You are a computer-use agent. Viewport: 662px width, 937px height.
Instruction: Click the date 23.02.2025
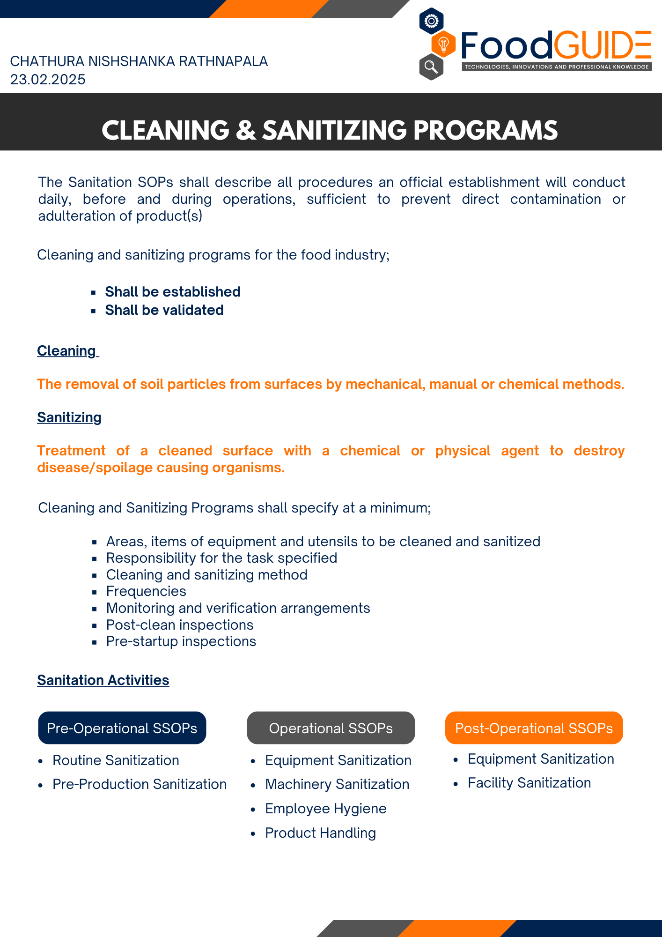(x=48, y=80)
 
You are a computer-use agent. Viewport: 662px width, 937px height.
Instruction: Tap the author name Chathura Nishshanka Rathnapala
(x=139, y=61)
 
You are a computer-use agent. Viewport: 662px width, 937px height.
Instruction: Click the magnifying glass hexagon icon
(x=431, y=67)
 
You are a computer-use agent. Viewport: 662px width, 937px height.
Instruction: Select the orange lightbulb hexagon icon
(x=443, y=44)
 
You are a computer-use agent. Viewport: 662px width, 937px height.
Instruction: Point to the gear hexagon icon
(x=431, y=21)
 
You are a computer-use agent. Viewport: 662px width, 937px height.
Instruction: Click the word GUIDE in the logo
(x=603, y=45)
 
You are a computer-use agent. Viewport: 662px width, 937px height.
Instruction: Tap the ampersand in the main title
(x=246, y=130)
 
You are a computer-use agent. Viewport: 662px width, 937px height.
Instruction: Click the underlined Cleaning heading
(x=66, y=351)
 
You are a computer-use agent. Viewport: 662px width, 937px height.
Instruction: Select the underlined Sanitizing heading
(x=69, y=417)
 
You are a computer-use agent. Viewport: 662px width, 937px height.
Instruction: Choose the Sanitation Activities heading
(x=103, y=680)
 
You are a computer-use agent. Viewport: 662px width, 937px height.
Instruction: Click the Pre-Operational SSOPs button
(x=122, y=728)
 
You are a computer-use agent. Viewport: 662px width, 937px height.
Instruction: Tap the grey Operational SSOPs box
(x=331, y=728)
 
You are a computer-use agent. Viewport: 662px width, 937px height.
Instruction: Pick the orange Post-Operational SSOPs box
(x=534, y=728)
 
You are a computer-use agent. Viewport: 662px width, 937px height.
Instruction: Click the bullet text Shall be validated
(x=164, y=310)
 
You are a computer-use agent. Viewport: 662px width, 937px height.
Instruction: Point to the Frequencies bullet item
(x=146, y=591)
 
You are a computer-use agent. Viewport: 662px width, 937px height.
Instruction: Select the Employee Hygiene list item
(x=325, y=809)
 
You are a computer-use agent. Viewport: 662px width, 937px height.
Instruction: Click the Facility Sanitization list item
(x=529, y=783)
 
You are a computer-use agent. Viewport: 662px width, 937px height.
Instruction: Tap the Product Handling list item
(x=320, y=833)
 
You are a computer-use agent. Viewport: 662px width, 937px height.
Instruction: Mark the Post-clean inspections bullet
(x=180, y=625)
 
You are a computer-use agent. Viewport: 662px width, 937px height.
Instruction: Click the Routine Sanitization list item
(x=116, y=760)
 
